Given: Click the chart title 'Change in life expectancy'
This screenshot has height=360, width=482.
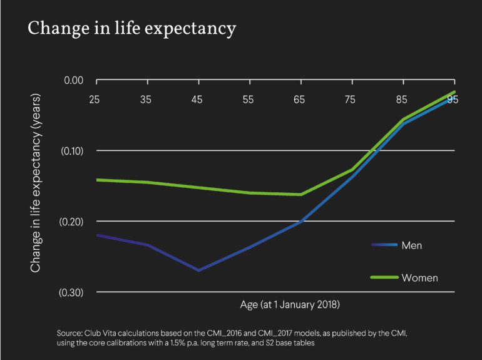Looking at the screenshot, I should point(131,29).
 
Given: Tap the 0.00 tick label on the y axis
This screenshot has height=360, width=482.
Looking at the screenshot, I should point(73,80).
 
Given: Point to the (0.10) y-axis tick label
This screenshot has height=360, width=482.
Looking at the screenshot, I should point(72,151).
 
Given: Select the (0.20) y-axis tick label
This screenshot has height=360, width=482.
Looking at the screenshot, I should point(72,222).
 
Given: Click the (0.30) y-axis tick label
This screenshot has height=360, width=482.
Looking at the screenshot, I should point(72,292).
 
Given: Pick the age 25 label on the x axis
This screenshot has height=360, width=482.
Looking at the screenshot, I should point(96,98).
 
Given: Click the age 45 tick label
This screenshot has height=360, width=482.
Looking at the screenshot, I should point(198,98).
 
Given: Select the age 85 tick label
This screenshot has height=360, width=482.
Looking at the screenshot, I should point(403,98).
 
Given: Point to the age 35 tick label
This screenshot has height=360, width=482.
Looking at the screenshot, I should point(147,98).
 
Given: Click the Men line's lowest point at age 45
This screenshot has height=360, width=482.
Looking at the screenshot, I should point(198,270).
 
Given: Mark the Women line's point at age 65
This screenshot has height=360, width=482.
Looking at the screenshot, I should point(301,194).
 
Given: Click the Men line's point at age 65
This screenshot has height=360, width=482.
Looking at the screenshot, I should point(301,222).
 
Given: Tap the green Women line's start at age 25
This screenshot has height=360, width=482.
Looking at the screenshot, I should point(96,180).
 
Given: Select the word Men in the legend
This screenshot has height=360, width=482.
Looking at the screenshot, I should point(412,245).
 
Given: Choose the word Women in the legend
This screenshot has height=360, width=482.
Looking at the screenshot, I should point(419,277).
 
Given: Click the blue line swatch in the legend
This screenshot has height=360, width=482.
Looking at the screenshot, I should point(384,245).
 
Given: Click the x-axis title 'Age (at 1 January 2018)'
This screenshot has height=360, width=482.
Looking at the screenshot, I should point(289,306).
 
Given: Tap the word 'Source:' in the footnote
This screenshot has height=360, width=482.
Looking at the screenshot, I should point(70,332).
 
